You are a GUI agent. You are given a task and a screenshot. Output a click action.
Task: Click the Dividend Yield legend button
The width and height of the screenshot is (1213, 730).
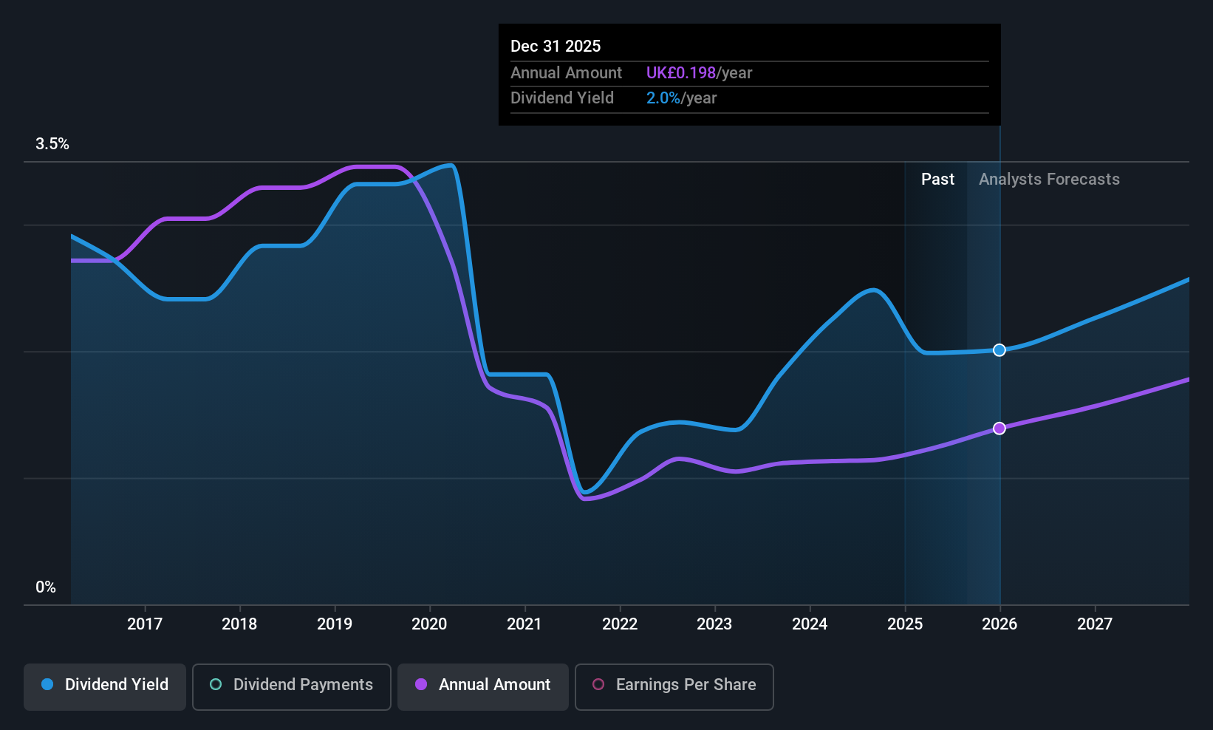click(104, 686)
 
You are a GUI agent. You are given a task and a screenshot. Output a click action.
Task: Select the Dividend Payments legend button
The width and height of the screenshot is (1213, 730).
click(291, 686)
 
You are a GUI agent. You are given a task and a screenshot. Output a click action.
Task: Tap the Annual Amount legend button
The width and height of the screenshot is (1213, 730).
click(483, 686)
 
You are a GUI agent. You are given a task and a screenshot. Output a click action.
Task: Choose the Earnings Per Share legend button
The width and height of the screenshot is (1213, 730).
click(674, 686)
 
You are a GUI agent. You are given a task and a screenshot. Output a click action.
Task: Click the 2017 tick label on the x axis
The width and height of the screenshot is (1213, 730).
click(145, 624)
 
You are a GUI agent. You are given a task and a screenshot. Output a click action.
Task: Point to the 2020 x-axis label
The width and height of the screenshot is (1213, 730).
click(429, 624)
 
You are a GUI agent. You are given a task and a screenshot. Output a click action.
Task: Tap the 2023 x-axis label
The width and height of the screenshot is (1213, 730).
click(714, 624)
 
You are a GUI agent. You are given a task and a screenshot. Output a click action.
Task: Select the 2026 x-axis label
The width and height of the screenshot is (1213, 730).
click(1000, 624)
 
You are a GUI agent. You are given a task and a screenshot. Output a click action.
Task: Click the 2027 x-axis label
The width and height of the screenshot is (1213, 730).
click(1094, 624)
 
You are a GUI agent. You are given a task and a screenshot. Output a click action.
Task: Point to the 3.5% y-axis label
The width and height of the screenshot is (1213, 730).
click(52, 144)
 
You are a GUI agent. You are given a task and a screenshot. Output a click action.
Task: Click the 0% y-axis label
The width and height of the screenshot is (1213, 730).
click(46, 587)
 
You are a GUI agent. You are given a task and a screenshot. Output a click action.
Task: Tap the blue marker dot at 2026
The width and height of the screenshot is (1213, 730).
click(1000, 350)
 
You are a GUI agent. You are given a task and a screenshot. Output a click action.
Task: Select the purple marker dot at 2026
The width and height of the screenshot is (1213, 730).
click(1000, 429)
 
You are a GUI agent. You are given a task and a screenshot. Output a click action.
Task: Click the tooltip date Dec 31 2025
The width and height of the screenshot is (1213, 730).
click(556, 47)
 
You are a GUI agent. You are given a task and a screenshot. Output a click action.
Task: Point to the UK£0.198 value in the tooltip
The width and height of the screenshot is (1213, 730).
click(680, 72)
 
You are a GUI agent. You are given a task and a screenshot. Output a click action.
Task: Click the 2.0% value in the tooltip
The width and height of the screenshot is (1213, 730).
click(663, 98)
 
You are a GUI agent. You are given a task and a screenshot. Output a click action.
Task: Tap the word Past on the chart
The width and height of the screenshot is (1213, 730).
click(938, 180)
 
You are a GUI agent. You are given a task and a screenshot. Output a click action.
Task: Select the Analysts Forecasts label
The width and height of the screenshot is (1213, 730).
click(1049, 180)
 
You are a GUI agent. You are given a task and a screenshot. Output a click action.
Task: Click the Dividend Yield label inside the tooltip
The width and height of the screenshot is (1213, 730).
click(562, 98)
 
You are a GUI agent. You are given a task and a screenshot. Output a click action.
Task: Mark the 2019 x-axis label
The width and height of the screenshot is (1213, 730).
click(335, 624)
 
